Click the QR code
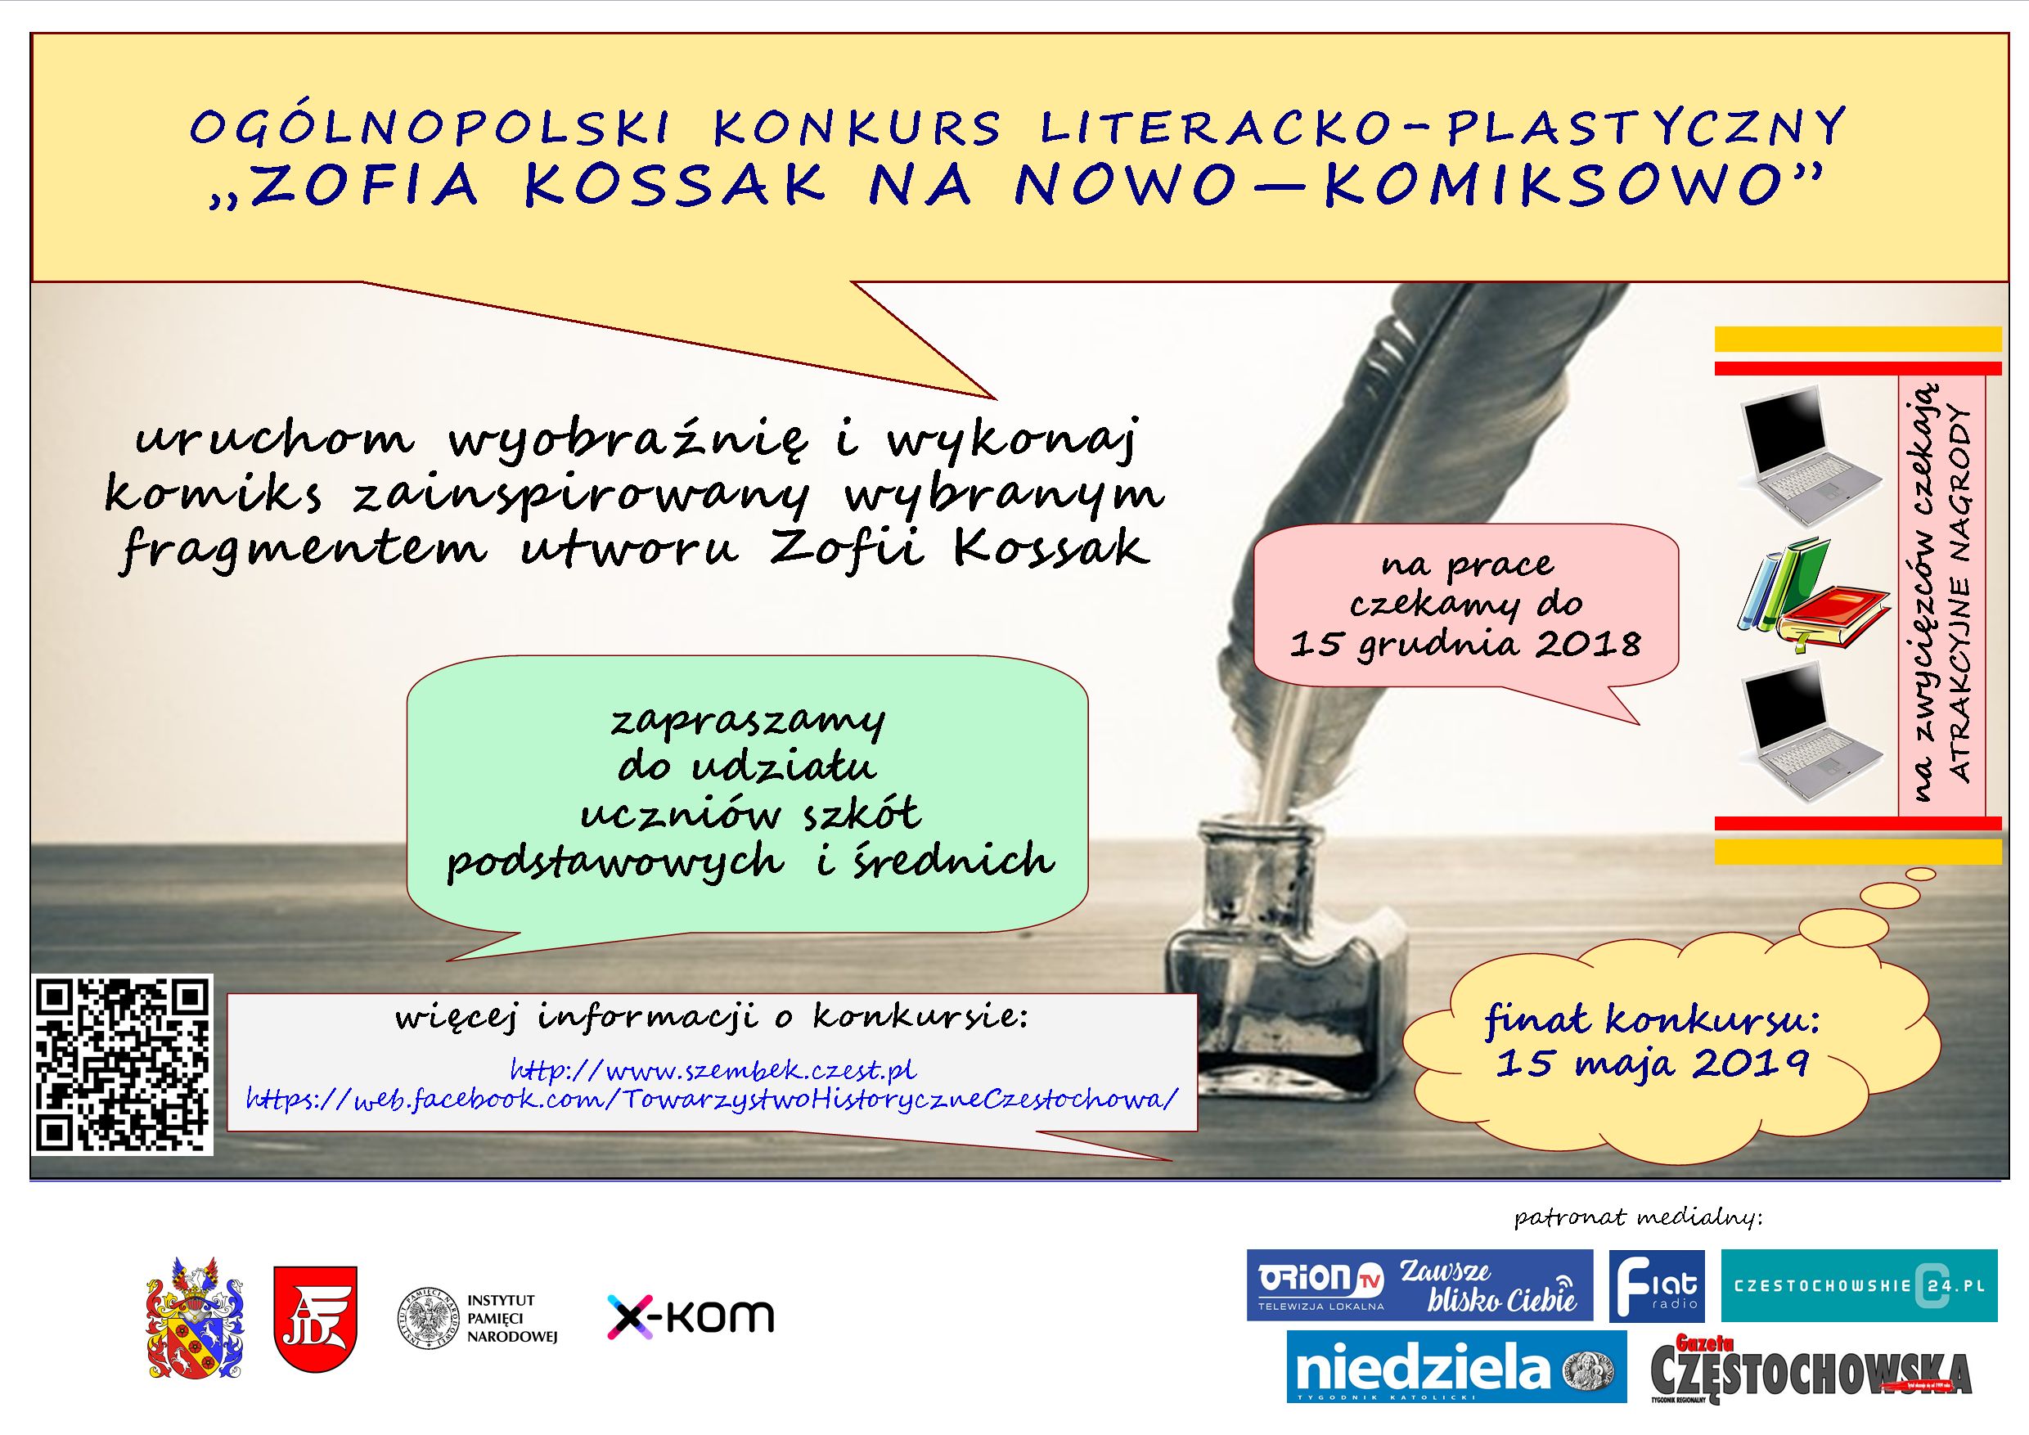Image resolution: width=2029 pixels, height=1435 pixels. (124, 1064)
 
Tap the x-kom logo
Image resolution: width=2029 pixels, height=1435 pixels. (691, 1316)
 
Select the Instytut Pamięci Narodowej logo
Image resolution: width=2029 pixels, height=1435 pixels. (478, 1318)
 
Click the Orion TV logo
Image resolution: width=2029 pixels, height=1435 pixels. (1419, 1284)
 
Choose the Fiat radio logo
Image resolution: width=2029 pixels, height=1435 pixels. (1656, 1285)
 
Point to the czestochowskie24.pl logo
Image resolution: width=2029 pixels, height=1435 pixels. (1860, 1285)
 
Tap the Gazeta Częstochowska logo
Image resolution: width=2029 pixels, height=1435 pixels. (1810, 1368)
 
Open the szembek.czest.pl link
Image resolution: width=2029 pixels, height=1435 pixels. (713, 1069)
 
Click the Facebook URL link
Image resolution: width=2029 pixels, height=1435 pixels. (713, 1099)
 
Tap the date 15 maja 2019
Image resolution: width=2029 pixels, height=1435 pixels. (1652, 1061)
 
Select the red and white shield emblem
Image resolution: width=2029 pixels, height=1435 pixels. (316, 1318)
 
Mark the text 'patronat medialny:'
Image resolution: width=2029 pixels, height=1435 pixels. (1639, 1217)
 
